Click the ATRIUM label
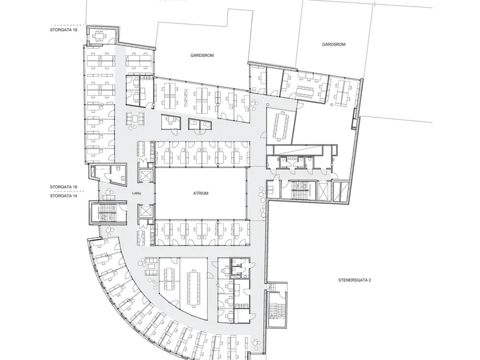pyautogui.click(x=201, y=193)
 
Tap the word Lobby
pyautogui.click(x=137, y=193)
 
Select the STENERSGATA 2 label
pyautogui.click(x=355, y=280)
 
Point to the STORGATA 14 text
pyautogui.click(x=64, y=196)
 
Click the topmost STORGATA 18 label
pyautogui.click(x=64, y=30)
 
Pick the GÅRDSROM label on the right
pyautogui.click(x=334, y=44)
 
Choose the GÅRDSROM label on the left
pyautogui.click(x=202, y=55)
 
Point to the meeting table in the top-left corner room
pyautogui.click(x=98, y=36)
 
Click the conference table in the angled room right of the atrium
pyautogui.click(x=280, y=126)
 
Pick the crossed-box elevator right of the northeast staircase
pyautogui.click(x=323, y=191)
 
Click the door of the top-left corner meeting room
pyautogui.click(x=112, y=40)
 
